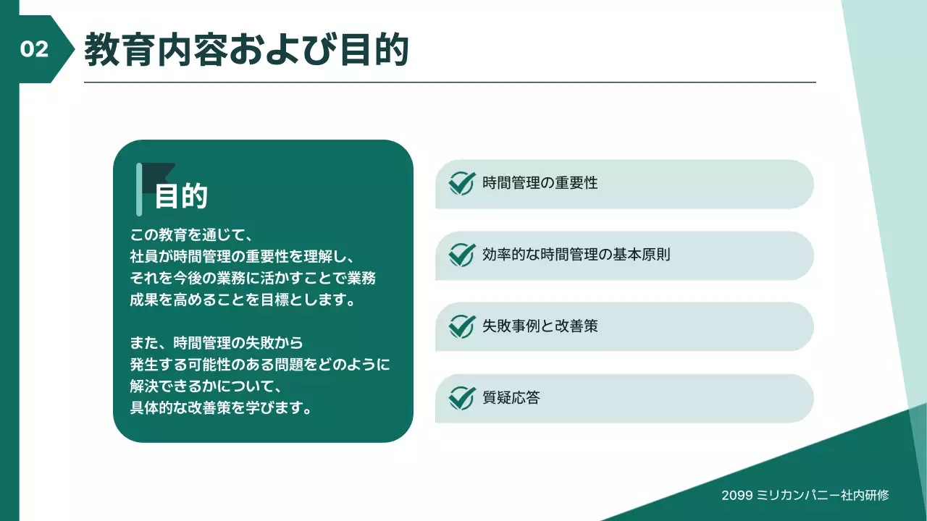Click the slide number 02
34,49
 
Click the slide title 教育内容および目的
247,50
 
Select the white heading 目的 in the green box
181,196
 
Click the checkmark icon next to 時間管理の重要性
461,183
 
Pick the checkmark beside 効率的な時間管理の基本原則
461,255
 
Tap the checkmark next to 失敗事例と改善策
461,326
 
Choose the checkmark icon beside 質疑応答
461,398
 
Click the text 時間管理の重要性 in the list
540,183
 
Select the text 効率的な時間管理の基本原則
576,255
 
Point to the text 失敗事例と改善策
540,326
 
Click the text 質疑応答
511,398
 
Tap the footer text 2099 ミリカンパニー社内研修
805,496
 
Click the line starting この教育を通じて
190,235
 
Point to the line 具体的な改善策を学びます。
222,407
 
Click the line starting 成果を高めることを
243,300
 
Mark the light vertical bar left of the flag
139,190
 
